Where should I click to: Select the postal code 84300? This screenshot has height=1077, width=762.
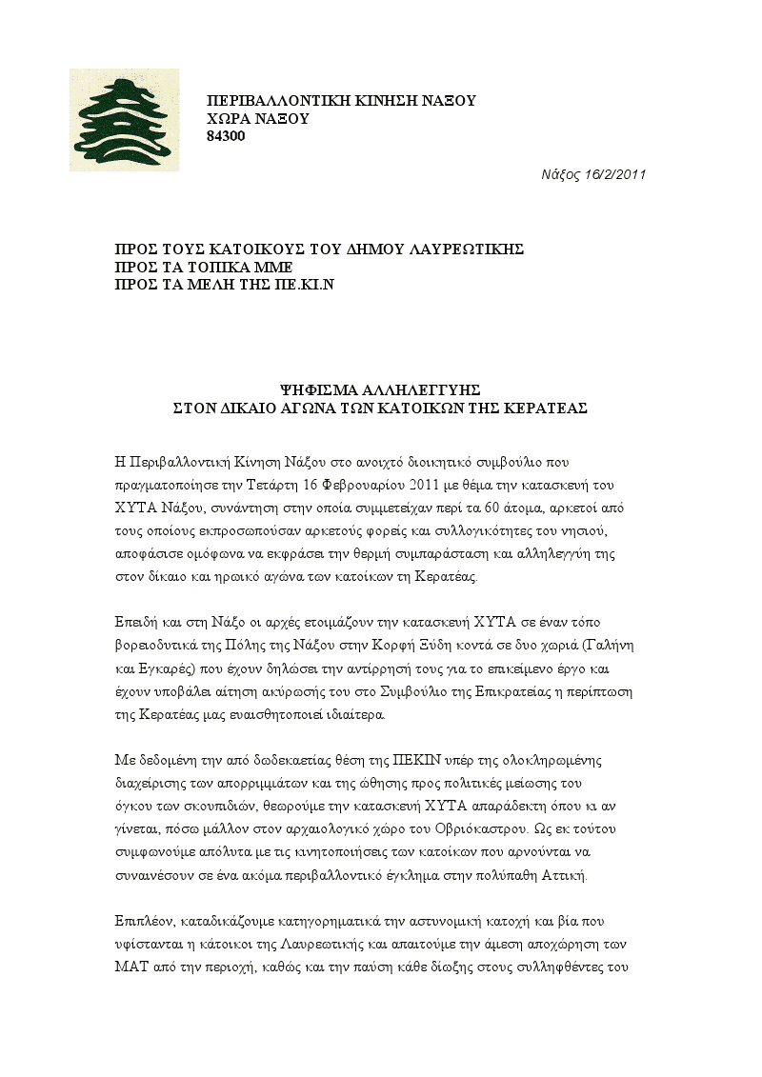(226, 136)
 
